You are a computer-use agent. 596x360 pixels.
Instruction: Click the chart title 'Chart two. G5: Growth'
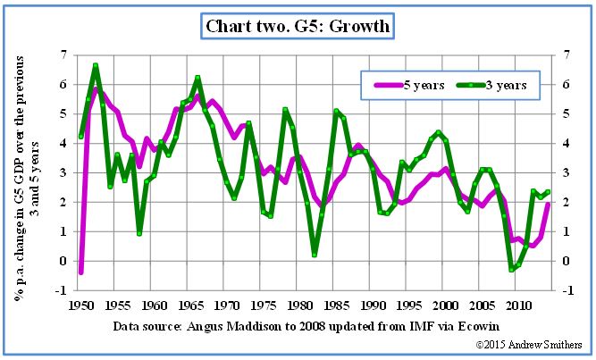[x=298, y=26]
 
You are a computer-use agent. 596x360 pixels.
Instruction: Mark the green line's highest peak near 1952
[x=96, y=65]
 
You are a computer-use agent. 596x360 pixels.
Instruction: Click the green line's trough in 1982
[x=315, y=255]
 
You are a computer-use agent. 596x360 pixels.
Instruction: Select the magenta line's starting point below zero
[x=81, y=272]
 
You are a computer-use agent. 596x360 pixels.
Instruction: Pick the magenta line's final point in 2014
[x=548, y=205]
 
